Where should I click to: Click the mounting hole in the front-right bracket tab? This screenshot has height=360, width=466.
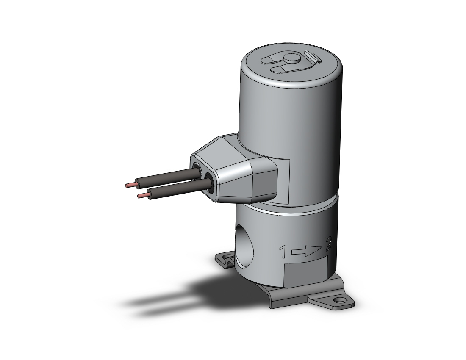click(x=338, y=302)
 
